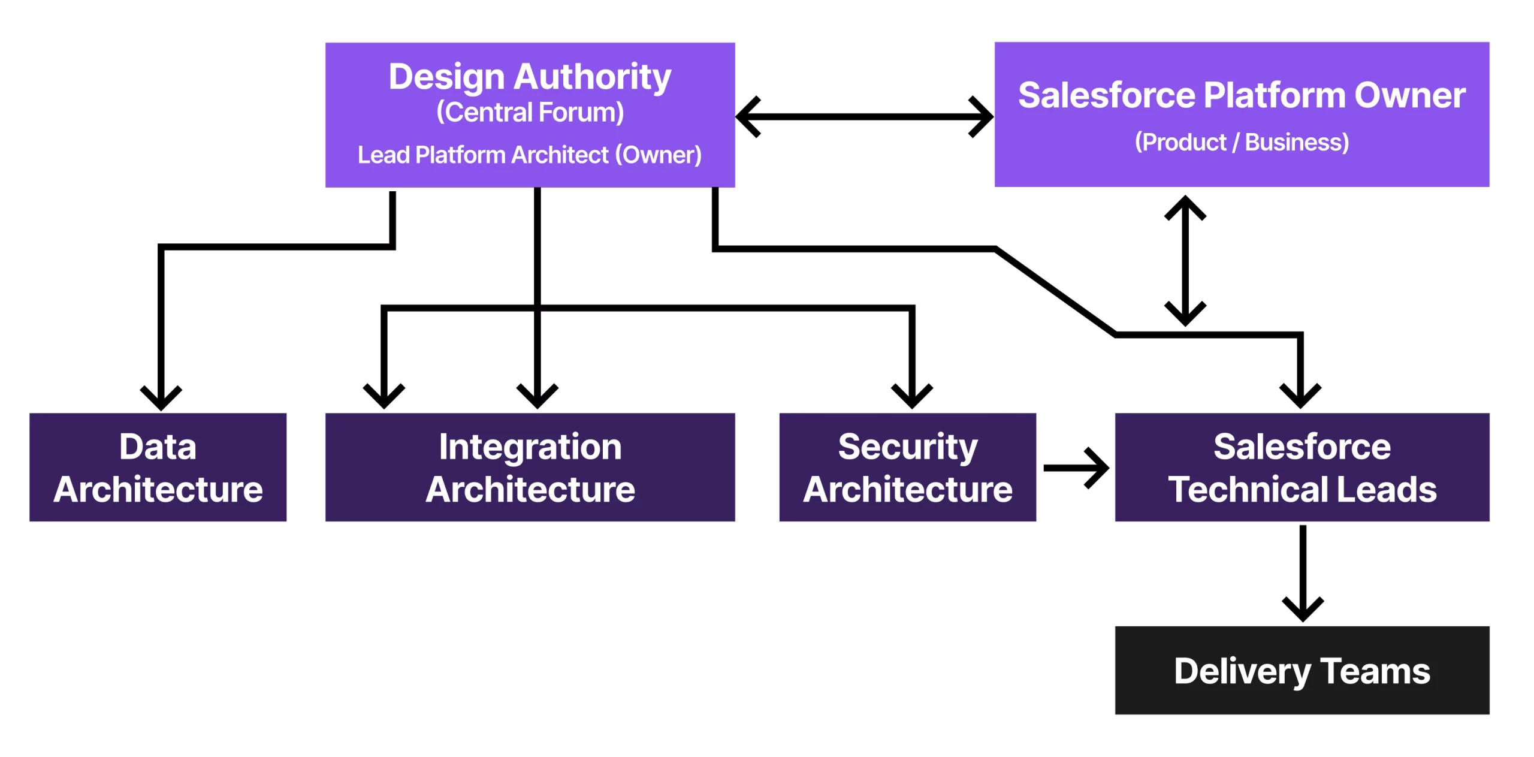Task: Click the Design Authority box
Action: (530, 114)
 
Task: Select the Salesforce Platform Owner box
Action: (1242, 114)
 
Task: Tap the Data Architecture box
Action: (158, 467)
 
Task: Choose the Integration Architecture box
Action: (530, 467)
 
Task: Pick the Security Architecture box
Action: (907, 467)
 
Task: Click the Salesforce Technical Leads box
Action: (1302, 467)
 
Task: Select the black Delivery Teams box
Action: (1302, 670)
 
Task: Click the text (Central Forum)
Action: (530, 112)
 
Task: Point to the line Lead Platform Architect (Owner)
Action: (530, 155)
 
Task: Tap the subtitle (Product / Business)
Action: (1242, 143)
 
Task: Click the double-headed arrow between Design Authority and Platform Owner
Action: (864, 117)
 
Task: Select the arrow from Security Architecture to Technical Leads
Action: (1076, 468)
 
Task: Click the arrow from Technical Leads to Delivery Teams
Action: (1303, 574)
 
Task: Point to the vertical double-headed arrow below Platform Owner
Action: (1185, 261)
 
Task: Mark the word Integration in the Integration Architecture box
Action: (530, 447)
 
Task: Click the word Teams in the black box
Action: (1375, 671)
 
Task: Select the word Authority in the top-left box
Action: (593, 77)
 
